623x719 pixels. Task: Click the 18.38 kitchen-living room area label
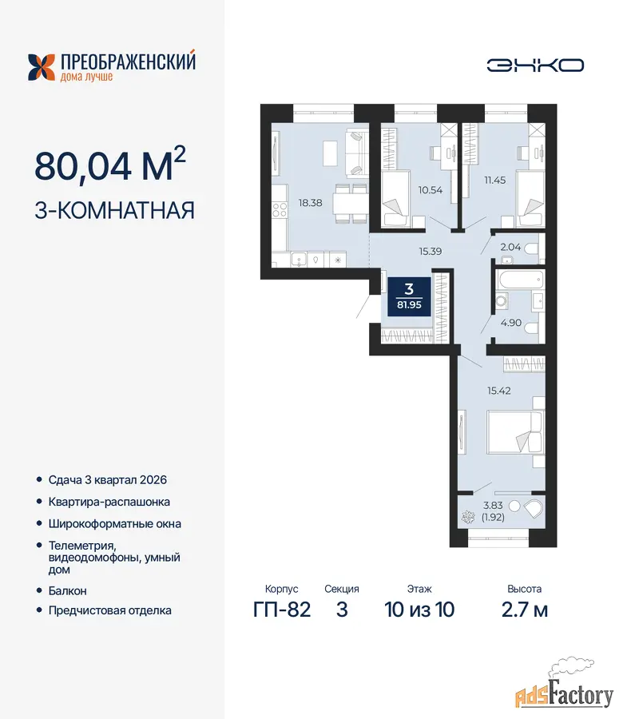[x=311, y=203]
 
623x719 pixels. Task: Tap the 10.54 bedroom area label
[x=430, y=190]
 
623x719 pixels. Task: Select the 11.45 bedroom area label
[x=495, y=181]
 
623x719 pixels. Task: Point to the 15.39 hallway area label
[x=430, y=251]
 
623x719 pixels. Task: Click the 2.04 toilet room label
[x=510, y=247]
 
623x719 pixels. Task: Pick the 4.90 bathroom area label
[x=510, y=323]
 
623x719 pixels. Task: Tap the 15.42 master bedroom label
[x=498, y=391]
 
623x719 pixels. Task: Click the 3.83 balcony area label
[x=493, y=506]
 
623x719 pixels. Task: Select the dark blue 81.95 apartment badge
[x=409, y=296]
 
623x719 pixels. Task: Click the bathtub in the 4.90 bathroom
[x=520, y=280]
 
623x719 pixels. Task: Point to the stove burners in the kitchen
[x=280, y=210]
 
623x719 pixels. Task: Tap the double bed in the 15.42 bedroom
[x=515, y=432]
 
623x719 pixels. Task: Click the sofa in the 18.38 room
[x=357, y=153]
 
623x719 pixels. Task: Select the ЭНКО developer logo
[x=535, y=66]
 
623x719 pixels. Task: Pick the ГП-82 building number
[x=282, y=610]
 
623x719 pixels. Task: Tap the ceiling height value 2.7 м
[x=525, y=610]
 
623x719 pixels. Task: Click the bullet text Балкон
[x=67, y=590]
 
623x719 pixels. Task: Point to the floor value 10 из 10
[x=419, y=610]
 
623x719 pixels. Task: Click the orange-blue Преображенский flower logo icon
[x=42, y=67]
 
